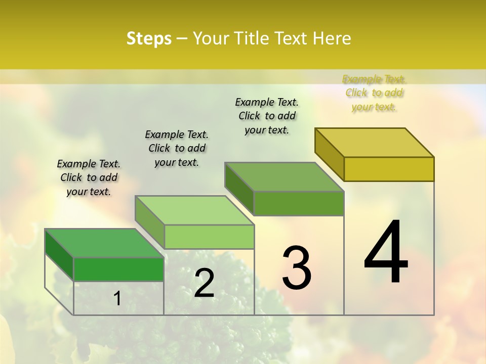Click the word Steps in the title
coord(149,38)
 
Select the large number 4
coord(386,253)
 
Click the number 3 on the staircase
coord(297,268)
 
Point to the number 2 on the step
coord(204,283)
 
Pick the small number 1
coord(117,299)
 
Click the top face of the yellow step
coord(375,143)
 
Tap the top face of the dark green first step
coord(104,243)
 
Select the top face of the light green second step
coord(194,210)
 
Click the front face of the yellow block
coord(389,169)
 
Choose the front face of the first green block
coord(118,269)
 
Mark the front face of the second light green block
coord(209,237)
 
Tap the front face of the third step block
coord(299,203)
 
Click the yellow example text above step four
coord(374,93)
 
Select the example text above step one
coord(89,177)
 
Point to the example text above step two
coord(177,148)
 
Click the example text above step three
coord(267,116)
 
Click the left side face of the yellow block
coord(330,154)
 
